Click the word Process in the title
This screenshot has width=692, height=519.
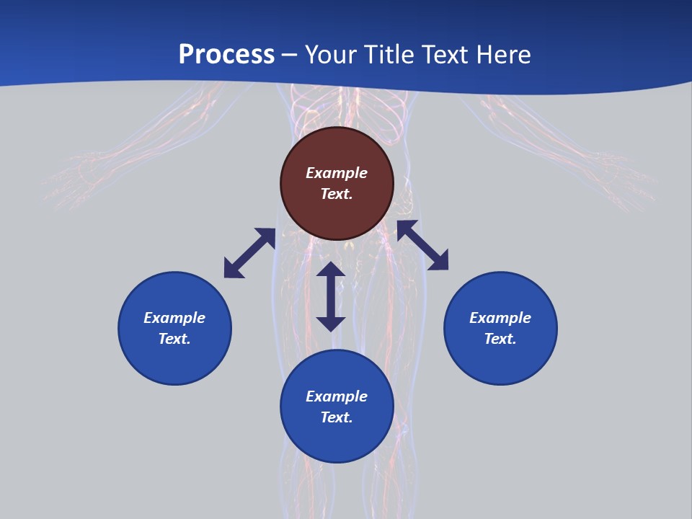[x=226, y=55]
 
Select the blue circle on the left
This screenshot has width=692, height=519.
[x=174, y=360]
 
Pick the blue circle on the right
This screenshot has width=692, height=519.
[x=500, y=360]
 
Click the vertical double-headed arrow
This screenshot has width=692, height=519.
[x=331, y=296]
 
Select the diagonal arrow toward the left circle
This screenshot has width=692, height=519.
[x=249, y=253]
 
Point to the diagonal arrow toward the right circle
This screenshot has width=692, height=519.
[x=422, y=246]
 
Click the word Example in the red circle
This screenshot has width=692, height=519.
[x=337, y=173]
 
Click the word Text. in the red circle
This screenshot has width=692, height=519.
[x=337, y=194]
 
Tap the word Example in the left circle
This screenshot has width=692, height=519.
[x=174, y=318]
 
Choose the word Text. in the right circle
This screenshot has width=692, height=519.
[x=500, y=339]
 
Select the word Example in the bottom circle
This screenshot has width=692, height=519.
[x=337, y=396]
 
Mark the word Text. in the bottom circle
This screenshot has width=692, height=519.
[x=337, y=417]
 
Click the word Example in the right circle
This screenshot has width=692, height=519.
[x=500, y=318]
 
